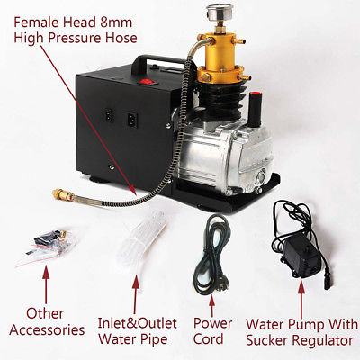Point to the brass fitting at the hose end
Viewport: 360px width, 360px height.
click(x=63, y=195)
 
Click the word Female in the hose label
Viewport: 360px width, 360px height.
click(x=34, y=22)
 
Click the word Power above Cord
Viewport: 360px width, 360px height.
click(x=212, y=323)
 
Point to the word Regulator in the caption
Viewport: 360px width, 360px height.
click(x=322, y=340)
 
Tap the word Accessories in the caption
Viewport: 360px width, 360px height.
click(x=47, y=330)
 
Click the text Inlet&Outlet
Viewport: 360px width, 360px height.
click(x=138, y=324)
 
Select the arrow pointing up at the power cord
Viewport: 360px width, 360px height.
click(x=212, y=304)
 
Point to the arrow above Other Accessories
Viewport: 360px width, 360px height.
click(x=46, y=284)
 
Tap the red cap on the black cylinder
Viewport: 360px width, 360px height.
click(x=256, y=96)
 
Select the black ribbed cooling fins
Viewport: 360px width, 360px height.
click(x=222, y=101)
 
